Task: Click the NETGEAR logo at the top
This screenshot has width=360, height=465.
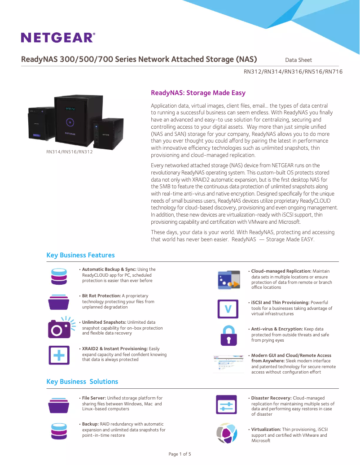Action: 58,37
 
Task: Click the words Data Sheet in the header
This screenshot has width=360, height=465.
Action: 299,60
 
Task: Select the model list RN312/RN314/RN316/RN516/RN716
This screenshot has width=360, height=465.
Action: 293,72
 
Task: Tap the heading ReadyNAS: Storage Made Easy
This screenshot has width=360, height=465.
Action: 198,93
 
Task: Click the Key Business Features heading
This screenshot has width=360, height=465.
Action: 80,255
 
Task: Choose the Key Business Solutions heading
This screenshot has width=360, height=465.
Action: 82,382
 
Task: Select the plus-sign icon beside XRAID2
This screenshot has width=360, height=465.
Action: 59,355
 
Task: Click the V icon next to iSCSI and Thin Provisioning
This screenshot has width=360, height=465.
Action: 228,309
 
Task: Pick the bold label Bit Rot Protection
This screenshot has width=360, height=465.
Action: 101,296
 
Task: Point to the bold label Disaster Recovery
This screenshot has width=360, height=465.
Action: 271,398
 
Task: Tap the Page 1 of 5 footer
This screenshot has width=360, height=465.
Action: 180,454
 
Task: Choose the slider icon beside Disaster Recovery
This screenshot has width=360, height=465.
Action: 226,405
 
